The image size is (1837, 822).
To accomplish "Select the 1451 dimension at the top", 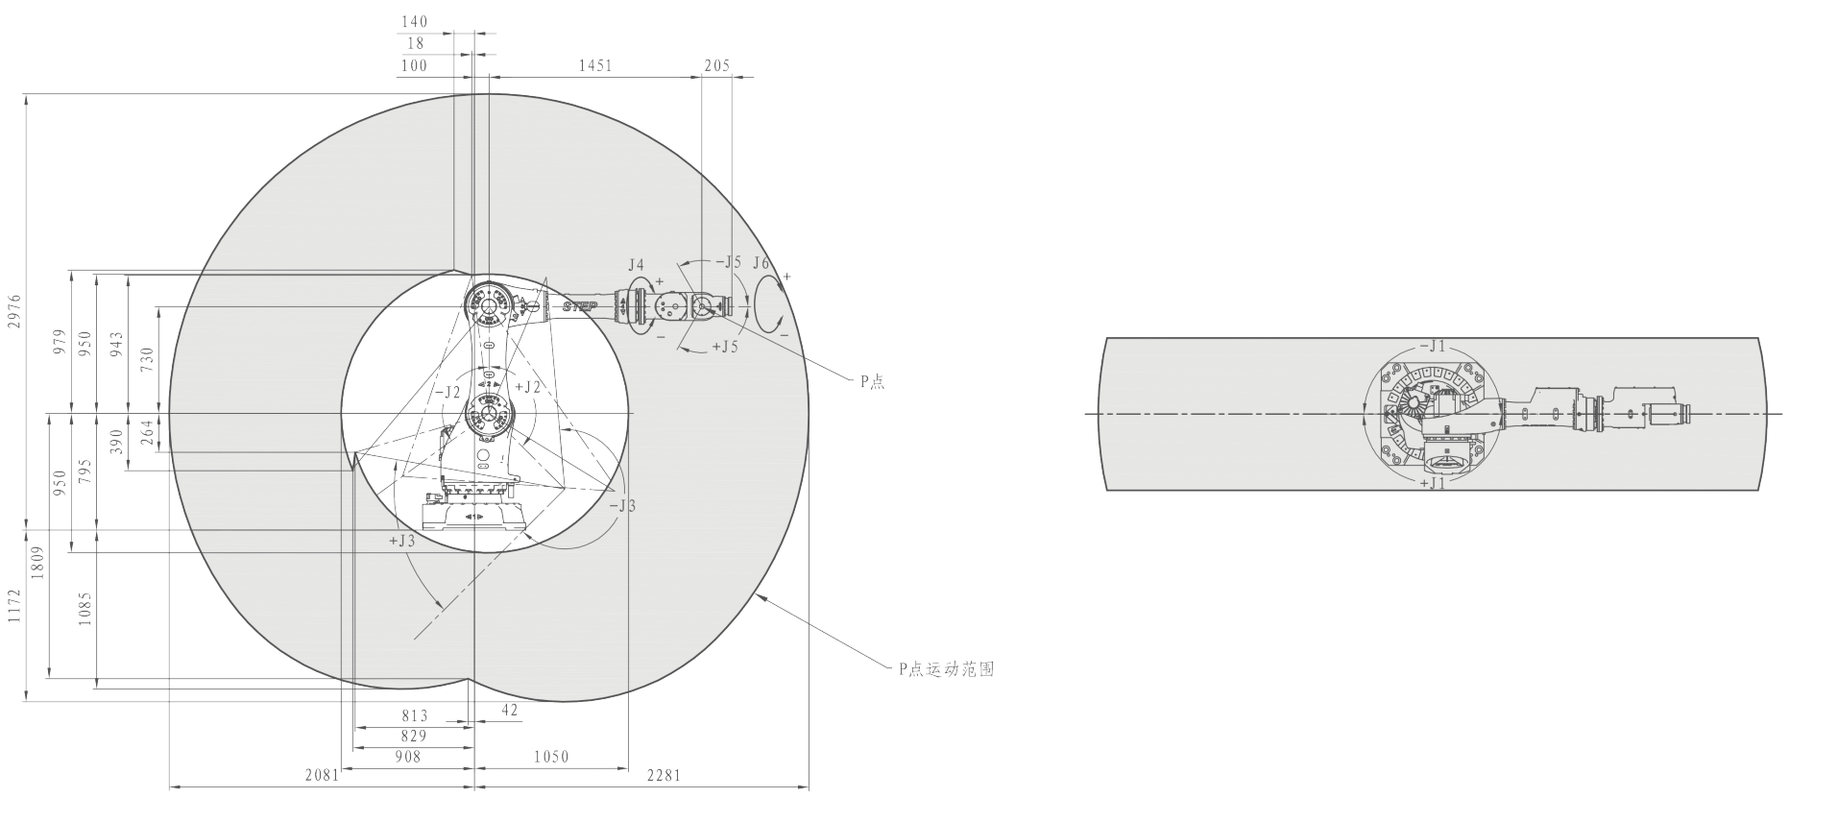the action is click(x=594, y=66).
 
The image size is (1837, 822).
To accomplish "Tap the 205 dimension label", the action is click(x=716, y=66).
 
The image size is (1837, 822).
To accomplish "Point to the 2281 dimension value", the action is click(x=664, y=774).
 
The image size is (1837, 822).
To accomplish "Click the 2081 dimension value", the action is click(x=323, y=774).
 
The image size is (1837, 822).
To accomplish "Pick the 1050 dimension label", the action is click(x=551, y=757).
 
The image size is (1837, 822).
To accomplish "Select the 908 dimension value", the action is click(x=408, y=757).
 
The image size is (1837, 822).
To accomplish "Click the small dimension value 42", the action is click(x=510, y=710).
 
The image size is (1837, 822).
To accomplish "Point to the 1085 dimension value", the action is click(x=85, y=609).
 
